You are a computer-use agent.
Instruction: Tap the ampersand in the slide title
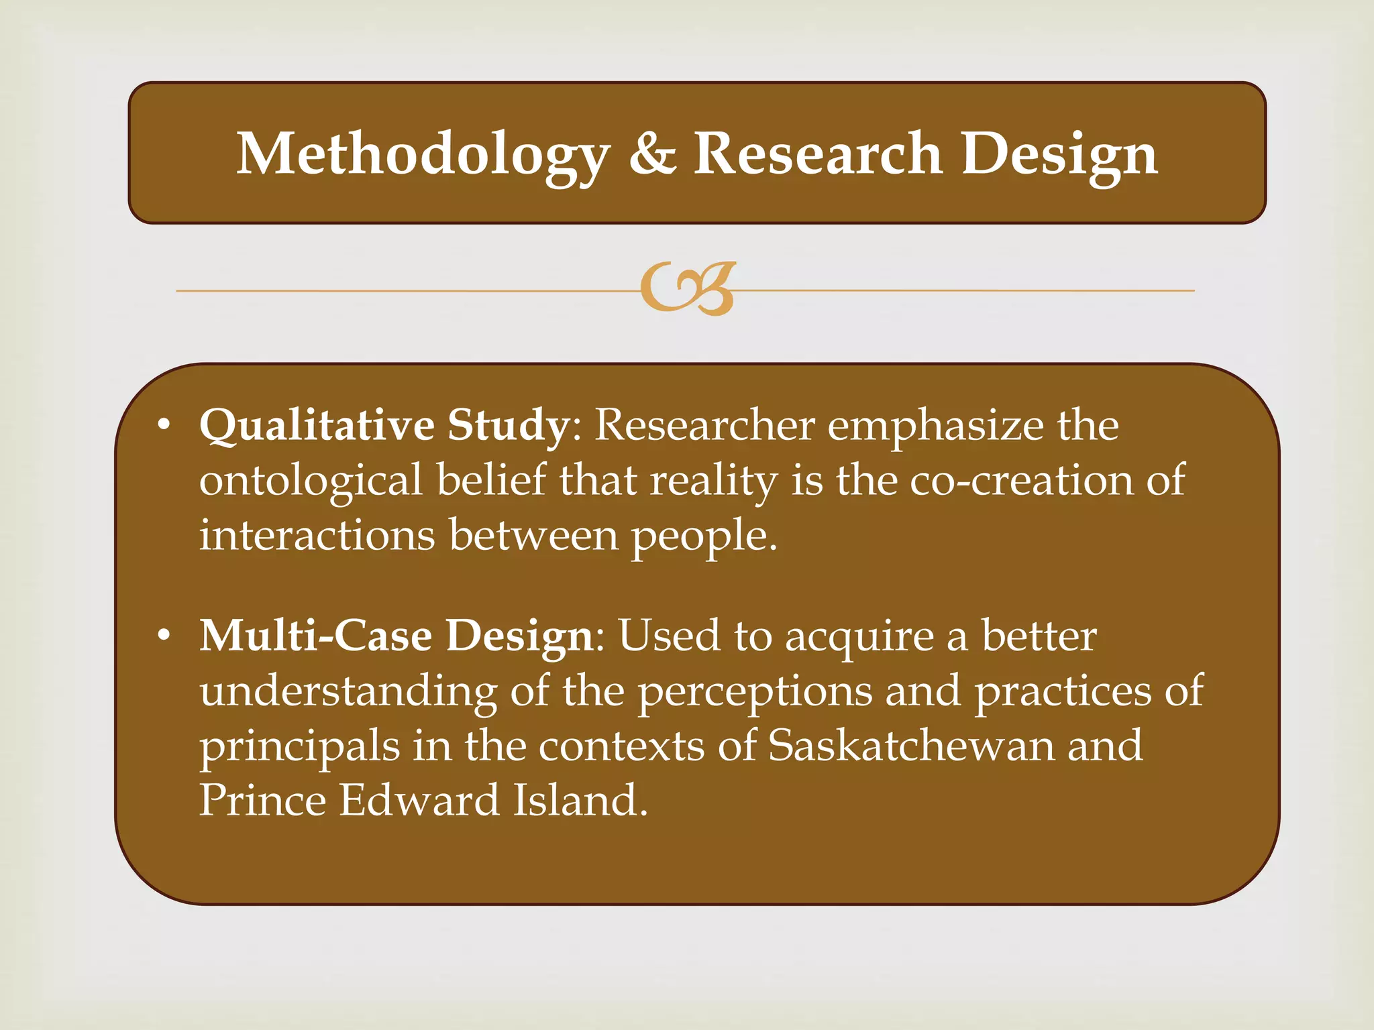click(x=652, y=154)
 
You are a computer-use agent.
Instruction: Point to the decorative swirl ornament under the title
click(x=688, y=289)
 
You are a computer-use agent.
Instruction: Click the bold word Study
click(x=508, y=426)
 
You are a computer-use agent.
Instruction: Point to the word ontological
click(x=311, y=481)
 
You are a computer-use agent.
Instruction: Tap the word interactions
click(x=317, y=535)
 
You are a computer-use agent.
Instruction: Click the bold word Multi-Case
click(x=315, y=635)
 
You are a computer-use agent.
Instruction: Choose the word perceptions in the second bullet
click(x=754, y=691)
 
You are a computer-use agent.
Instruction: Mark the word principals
click(x=299, y=746)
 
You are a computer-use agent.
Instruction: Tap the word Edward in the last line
click(x=419, y=800)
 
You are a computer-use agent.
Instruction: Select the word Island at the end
click(x=580, y=800)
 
